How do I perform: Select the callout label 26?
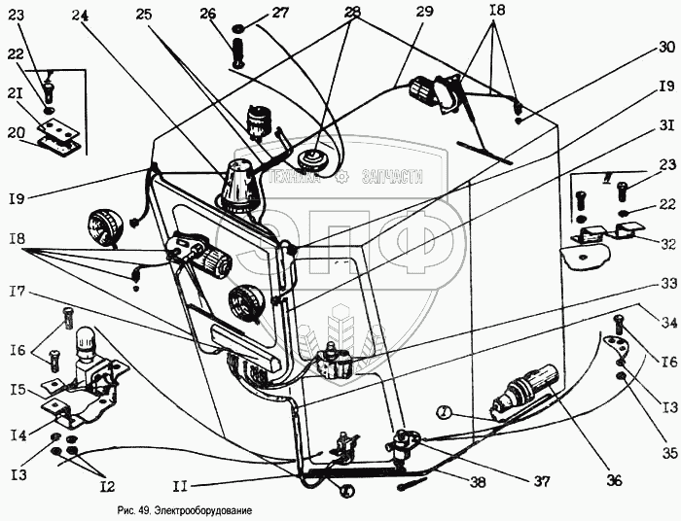(x=207, y=14)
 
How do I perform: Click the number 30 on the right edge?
(x=665, y=47)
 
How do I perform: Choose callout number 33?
(x=665, y=283)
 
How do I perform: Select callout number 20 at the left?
(x=15, y=132)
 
